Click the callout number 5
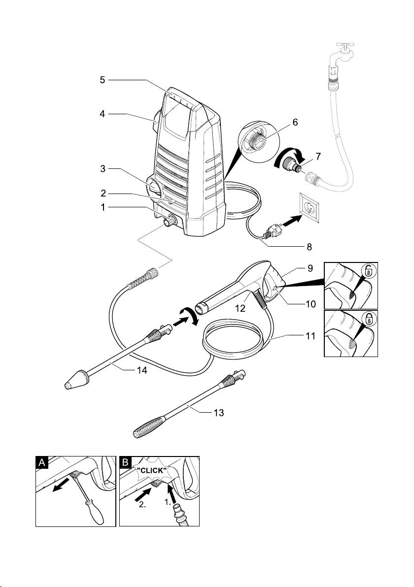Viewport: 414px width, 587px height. [103, 80]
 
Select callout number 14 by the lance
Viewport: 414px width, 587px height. [141, 370]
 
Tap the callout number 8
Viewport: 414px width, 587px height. [309, 247]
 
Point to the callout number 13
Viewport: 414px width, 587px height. [218, 413]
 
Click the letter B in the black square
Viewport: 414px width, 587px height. [126, 463]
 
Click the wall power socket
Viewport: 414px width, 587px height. [310, 207]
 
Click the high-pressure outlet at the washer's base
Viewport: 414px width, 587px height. [171, 221]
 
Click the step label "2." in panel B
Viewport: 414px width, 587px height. [142, 504]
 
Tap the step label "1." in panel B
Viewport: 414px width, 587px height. [168, 503]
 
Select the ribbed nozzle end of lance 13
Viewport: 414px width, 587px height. [149, 425]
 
